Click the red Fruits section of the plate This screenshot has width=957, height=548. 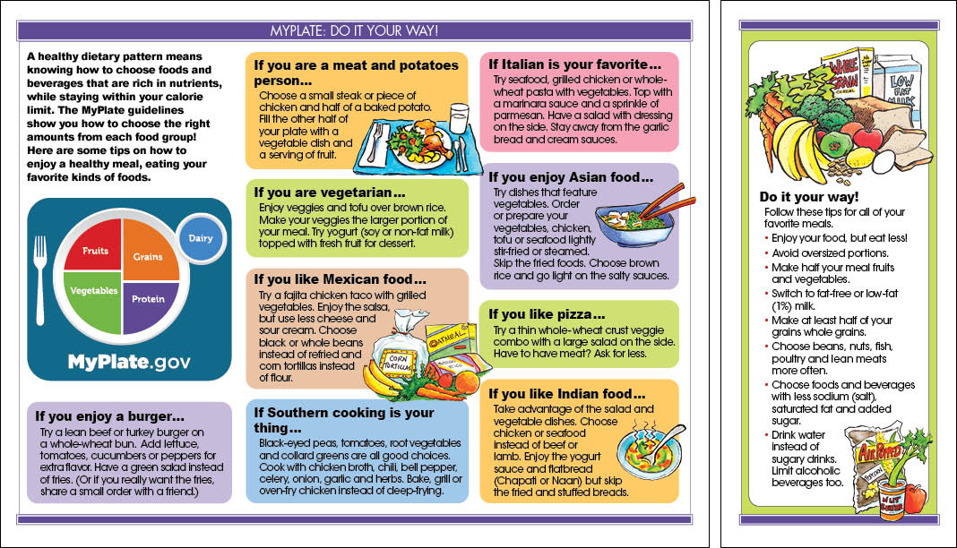[x=96, y=253]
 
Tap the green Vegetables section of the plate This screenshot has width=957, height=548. [x=94, y=292]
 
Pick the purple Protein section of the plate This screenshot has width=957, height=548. [x=147, y=297]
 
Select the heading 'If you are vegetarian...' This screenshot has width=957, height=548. [x=330, y=193]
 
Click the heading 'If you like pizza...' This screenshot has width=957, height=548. [x=547, y=314]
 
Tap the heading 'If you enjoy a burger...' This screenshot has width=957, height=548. [x=110, y=415]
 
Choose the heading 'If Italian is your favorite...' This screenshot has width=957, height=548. [x=574, y=64]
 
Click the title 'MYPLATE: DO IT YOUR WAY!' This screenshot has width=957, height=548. [x=355, y=31]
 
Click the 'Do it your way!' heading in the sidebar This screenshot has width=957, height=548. [x=808, y=197]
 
